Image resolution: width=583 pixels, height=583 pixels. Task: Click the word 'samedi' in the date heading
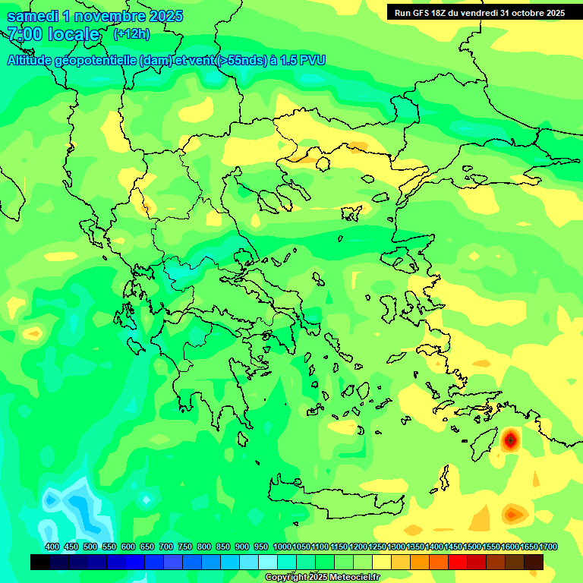[x=32, y=16]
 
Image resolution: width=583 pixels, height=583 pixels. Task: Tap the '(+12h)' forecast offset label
[x=131, y=34]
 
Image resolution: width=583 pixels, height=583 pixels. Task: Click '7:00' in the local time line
[x=24, y=34]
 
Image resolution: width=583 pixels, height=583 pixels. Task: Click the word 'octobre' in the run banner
[x=522, y=13]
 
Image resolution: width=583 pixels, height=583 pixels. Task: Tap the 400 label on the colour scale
[x=52, y=547]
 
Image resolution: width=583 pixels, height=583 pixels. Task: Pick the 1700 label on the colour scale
[x=548, y=547]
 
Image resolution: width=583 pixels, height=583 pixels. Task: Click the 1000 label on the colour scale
[x=282, y=547]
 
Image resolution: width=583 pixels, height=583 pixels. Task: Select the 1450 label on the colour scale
[x=453, y=547]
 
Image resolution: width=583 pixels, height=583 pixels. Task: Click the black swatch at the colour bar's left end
[x=40, y=562]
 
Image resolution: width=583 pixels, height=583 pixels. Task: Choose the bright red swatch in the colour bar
[x=458, y=562]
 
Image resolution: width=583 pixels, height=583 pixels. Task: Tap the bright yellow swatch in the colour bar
[x=382, y=562]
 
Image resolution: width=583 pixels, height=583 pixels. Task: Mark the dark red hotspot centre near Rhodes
[x=510, y=439]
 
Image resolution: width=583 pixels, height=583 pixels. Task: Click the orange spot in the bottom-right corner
[x=513, y=514]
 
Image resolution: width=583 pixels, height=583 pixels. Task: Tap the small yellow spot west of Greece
[x=33, y=332]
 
